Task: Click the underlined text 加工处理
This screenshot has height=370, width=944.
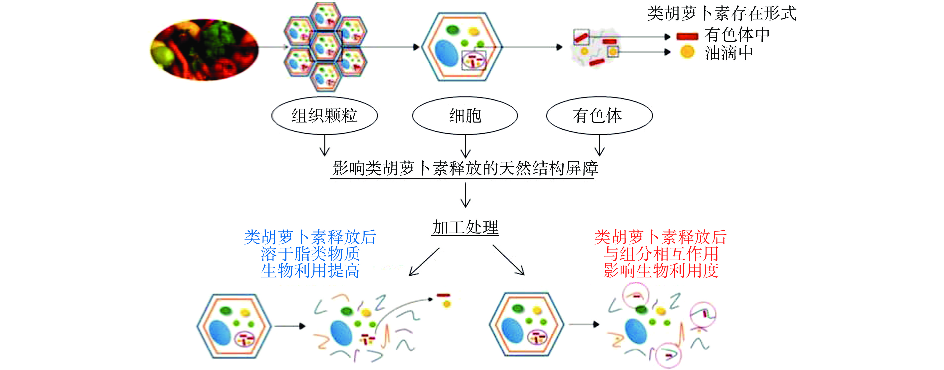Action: (465, 228)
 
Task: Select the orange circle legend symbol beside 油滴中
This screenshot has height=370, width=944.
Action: (687, 52)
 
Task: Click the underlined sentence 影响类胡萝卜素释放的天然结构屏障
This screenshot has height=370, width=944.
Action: (465, 168)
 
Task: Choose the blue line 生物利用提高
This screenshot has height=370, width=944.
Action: (310, 271)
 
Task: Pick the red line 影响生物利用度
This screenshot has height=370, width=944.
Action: (660, 271)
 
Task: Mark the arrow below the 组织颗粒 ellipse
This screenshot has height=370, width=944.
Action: (325, 145)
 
